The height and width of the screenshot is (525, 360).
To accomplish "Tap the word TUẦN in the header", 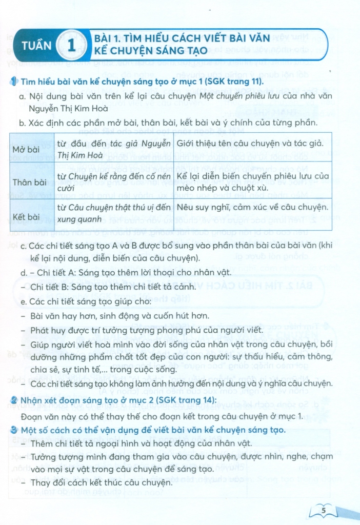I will tap(36, 46).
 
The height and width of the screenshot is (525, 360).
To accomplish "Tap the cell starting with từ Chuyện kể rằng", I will tap(113, 182).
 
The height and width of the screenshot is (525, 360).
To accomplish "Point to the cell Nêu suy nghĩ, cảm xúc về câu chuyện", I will tap(252, 207).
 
